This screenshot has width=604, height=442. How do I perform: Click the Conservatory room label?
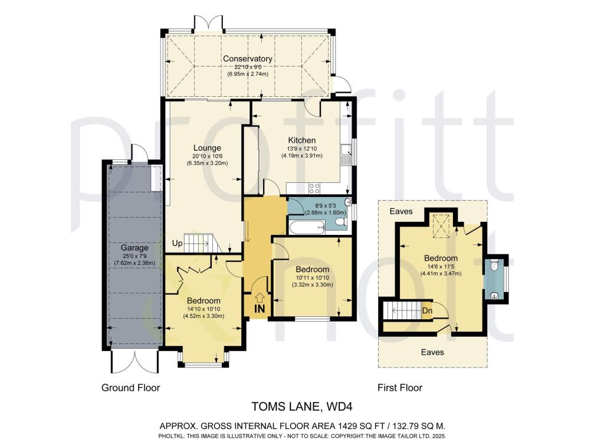click(247, 59)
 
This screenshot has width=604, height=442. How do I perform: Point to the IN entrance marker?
click(258, 309)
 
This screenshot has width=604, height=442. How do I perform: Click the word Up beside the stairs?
click(176, 243)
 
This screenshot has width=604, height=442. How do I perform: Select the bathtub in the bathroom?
click(307, 227)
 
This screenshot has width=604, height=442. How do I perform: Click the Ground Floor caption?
click(131, 388)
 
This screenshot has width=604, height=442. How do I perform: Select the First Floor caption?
click(400, 388)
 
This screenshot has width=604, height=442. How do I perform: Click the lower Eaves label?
click(432, 352)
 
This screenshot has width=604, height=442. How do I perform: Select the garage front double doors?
click(134, 361)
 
